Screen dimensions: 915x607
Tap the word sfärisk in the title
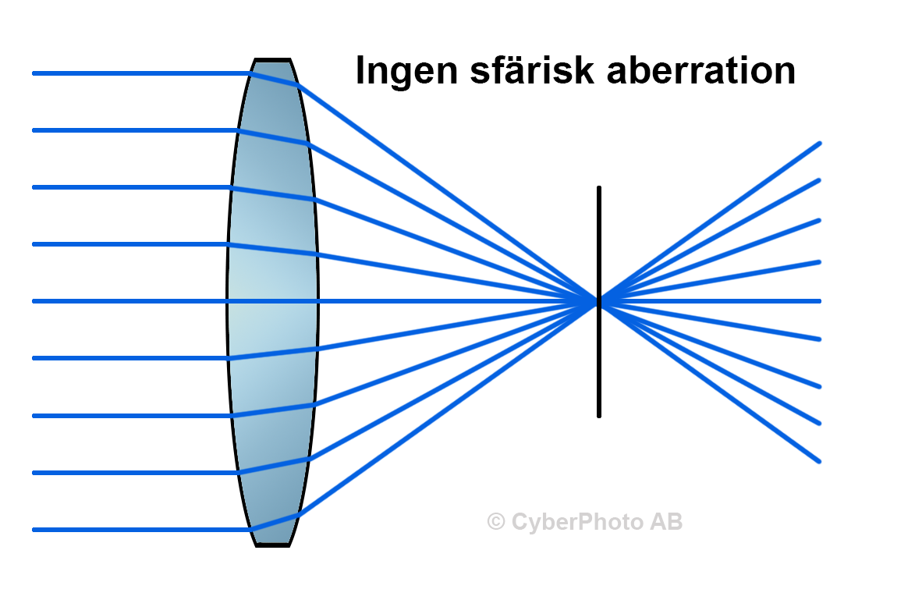[x=532, y=70]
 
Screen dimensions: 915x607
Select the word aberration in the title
[x=700, y=71]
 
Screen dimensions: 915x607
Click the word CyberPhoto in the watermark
[x=578, y=523]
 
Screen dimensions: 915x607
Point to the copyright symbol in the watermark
[x=496, y=522]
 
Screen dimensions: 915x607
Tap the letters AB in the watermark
[x=666, y=522]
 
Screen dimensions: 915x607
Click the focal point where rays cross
[x=599, y=301]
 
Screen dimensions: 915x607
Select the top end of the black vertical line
[x=599, y=187]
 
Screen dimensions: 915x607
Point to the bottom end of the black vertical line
[x=599, y=417]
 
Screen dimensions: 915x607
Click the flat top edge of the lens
[x=272, y=59]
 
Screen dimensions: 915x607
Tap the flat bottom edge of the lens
[x=272, y=545]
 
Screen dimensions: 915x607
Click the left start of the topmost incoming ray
[x=34, y=73]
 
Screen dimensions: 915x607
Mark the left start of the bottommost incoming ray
[x=34, y=530]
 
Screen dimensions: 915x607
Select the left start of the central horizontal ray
[x=34, y=301]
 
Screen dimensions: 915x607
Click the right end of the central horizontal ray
[x=820, y=301]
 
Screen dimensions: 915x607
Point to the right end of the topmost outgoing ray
[x=820, y=143]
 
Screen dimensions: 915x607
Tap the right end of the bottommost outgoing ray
[x=820, y=461]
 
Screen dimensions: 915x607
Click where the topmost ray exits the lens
[x=299, y=86]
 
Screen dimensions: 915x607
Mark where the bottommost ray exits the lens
[x=299, y=516]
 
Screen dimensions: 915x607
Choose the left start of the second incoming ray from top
[x=34, y=130]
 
